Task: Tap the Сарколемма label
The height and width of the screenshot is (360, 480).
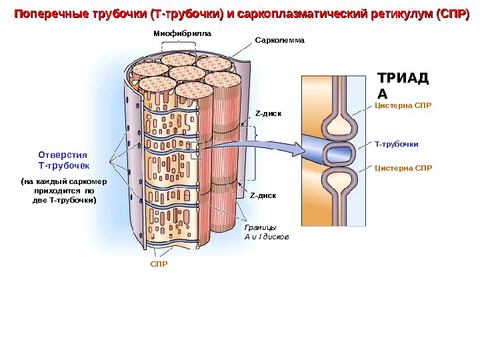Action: pyautogui.click(x=279, y=40)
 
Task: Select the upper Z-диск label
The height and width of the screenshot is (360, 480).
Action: pyautogui.click(x=269, y=113)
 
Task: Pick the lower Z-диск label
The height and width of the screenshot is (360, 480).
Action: pyautogui.click(x=263, y=195)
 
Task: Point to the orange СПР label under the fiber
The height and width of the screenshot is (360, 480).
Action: pyautogui.click(x=158, y=264)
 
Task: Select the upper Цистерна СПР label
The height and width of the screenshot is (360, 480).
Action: pyautogui.click(x=403, y=105)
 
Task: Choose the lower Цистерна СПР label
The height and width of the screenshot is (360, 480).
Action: pyautogui.click(x=403, y=167)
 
